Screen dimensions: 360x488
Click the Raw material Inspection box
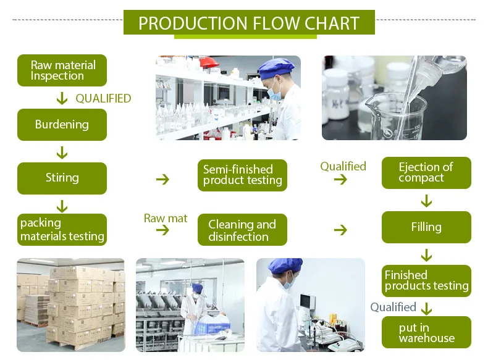[62, 70]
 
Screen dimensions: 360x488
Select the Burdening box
[62, 124]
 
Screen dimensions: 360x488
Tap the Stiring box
[62, 178]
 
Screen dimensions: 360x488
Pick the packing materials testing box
[62, 229]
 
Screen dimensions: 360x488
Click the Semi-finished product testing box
[243, 175]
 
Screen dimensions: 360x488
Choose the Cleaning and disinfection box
[243, 230]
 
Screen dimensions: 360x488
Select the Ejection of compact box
[426, 172]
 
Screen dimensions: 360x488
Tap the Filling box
[426, 227]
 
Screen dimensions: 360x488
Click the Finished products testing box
[426, 280]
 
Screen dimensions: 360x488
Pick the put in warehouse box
[426, 332]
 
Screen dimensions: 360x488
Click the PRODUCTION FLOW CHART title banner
[249, 23]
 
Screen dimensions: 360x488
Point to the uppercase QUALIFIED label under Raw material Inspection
[103, 98]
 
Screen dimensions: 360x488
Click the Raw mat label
[166, 218]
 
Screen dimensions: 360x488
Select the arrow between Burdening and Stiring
[62, 152]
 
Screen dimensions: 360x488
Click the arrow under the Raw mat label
[162, 230]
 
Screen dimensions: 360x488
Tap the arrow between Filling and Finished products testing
[426, 254]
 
